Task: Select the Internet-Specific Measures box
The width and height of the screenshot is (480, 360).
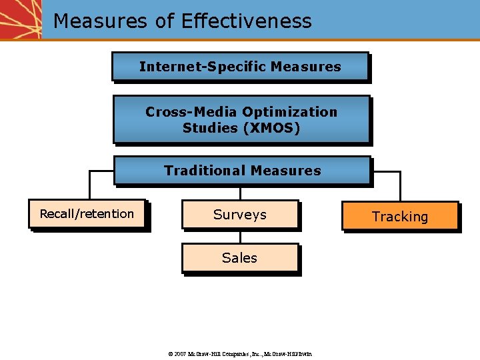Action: pos(240,67)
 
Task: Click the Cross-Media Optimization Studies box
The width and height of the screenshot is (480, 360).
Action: pos(241,120)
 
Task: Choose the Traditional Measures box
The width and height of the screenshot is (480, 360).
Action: pos(242,171)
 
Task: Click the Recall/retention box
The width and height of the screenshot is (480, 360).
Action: pos(87,214)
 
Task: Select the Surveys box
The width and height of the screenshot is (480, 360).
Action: pos(240,215)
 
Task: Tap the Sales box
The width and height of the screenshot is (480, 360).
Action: pos(239,258)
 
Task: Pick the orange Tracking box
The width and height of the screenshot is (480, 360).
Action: pos(400,217)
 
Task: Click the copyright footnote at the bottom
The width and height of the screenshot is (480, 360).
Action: pos(240,353)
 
